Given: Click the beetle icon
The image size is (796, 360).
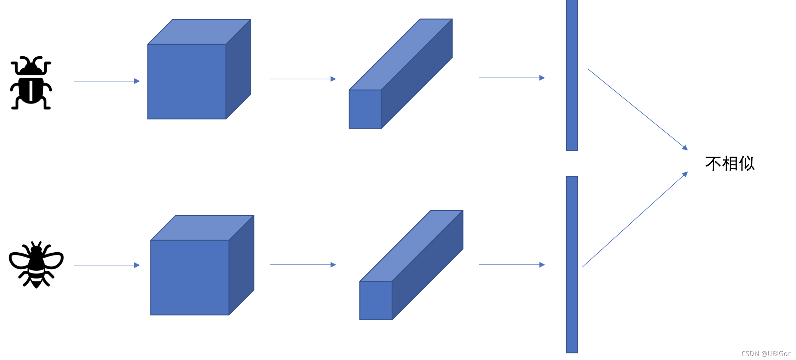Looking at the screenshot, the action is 31,83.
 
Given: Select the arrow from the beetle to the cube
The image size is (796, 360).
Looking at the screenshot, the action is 106,81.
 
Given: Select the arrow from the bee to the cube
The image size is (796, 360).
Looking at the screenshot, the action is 106,265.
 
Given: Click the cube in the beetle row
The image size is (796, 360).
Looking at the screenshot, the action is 187,81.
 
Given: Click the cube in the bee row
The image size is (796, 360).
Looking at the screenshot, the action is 190,277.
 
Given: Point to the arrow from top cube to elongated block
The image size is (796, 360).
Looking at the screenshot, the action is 303,79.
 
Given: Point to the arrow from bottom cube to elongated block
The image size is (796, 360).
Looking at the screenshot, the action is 303,265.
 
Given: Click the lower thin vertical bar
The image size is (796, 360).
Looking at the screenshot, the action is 572,264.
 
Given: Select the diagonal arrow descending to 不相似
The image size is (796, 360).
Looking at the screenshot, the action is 638,109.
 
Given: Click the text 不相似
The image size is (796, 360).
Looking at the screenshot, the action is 730,164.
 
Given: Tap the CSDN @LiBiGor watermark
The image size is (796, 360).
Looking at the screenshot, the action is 766,354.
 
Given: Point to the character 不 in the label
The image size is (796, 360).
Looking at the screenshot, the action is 713,164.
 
